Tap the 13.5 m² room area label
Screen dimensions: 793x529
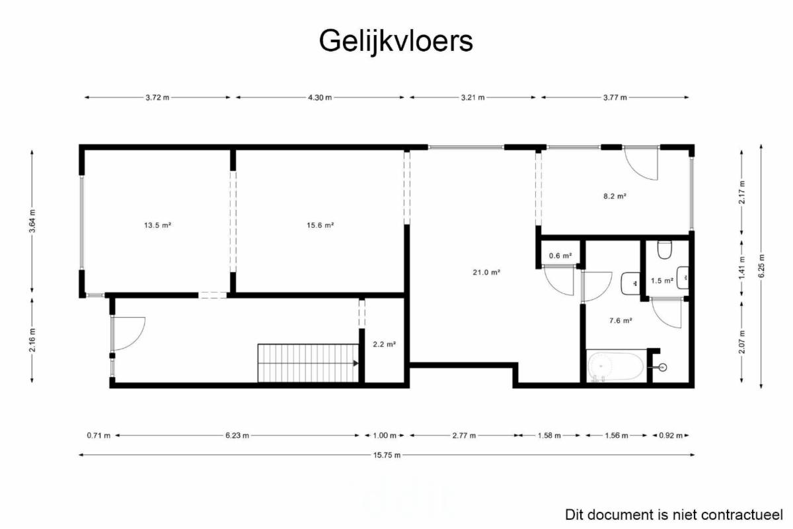157,225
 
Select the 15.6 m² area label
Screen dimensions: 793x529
321,225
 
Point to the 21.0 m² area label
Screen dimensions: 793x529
486,272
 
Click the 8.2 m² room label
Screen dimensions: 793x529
615,196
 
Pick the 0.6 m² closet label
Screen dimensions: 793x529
560,256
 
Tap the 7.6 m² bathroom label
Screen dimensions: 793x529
621,320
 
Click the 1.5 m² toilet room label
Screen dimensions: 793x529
662,281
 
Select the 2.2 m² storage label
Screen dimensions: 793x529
385,344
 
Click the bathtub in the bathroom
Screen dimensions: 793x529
616,367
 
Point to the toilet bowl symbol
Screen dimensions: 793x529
665,250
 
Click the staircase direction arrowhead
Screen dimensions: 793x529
356,363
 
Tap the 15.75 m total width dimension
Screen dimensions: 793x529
387,455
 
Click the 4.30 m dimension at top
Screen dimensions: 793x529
320,98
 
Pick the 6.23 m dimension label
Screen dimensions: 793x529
237,436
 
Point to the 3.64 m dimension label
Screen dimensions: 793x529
32,221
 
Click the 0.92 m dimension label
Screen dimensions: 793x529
671,436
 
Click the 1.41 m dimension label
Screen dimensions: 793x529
742,268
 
